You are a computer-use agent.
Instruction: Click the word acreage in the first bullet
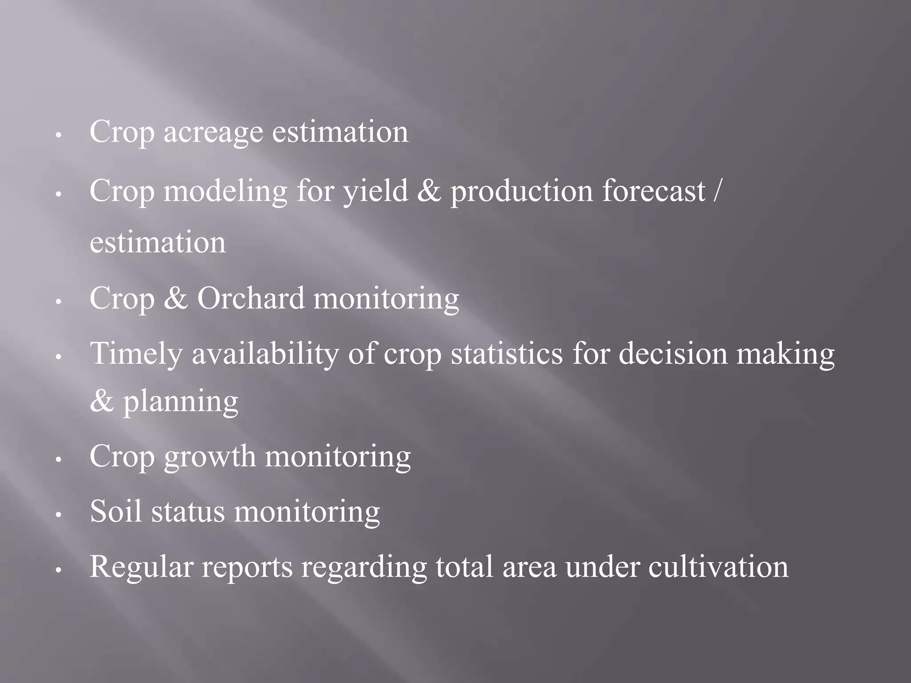click(213, 133)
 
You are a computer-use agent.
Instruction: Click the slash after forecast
click(715, 191)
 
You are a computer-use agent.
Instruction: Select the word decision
click(673, 354)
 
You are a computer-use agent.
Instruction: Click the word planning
click(181, 402)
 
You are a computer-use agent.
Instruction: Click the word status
click(188, 511)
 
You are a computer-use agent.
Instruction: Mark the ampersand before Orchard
click(176, 298)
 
